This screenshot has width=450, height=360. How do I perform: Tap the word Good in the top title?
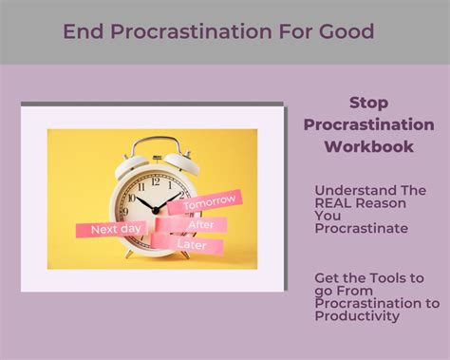tap(345, 31)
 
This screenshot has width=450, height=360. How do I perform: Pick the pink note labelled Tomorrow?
tap(210, 204)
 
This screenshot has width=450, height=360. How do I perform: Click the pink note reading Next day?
tap(116, 229)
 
